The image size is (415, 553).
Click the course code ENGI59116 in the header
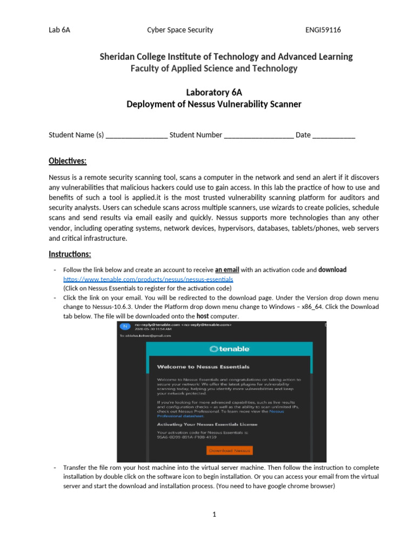tap(323, 30)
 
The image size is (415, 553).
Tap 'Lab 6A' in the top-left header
tap(59, 30)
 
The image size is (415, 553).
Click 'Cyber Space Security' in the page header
tap(180, 30)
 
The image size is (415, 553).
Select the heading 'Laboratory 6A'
tap(213, 92)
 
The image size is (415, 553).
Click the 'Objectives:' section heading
tap(68, 161)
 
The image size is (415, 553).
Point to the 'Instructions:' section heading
tap(70, 254)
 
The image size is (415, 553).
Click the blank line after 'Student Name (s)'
tap(136, 136)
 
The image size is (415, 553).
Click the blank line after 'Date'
tap(333, 136)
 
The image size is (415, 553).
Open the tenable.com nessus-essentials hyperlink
tap(148, 280)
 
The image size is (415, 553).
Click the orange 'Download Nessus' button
tap(229, 450)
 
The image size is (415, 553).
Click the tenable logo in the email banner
tap(229, 349)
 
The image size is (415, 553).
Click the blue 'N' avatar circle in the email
tap(124, 326)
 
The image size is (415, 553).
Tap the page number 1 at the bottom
tap(214, 514)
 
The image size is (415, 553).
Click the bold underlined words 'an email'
tap(227, 270)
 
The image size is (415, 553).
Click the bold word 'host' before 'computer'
tap(203, 316)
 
